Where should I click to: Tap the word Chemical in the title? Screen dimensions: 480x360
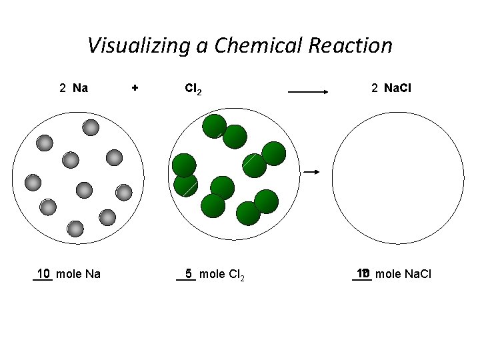pos(253,46)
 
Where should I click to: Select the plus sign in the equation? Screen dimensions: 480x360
pos(135,87)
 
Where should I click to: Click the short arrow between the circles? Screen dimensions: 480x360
pos(311,172)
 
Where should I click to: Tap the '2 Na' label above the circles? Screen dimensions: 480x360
pos(73,87)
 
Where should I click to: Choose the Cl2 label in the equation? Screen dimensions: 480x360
pos(193,88)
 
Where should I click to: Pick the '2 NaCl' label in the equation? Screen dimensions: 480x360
pos(391,87)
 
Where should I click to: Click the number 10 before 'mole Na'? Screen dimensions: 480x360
pos(44,273)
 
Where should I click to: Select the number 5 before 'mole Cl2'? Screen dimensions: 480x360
pos(189,273)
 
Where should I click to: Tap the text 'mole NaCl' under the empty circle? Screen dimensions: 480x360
pos(403,273)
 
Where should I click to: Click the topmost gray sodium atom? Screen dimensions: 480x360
pos(91,127)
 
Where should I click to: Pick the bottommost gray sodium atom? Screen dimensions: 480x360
pos(75,229)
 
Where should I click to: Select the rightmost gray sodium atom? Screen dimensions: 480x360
pos(124,193)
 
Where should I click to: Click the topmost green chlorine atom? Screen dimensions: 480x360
pos(215,126)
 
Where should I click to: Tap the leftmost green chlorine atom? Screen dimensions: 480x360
pos(183,165)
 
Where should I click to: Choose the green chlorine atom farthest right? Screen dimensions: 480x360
pos(273,153)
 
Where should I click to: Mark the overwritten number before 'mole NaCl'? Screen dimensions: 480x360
pos(363,273)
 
